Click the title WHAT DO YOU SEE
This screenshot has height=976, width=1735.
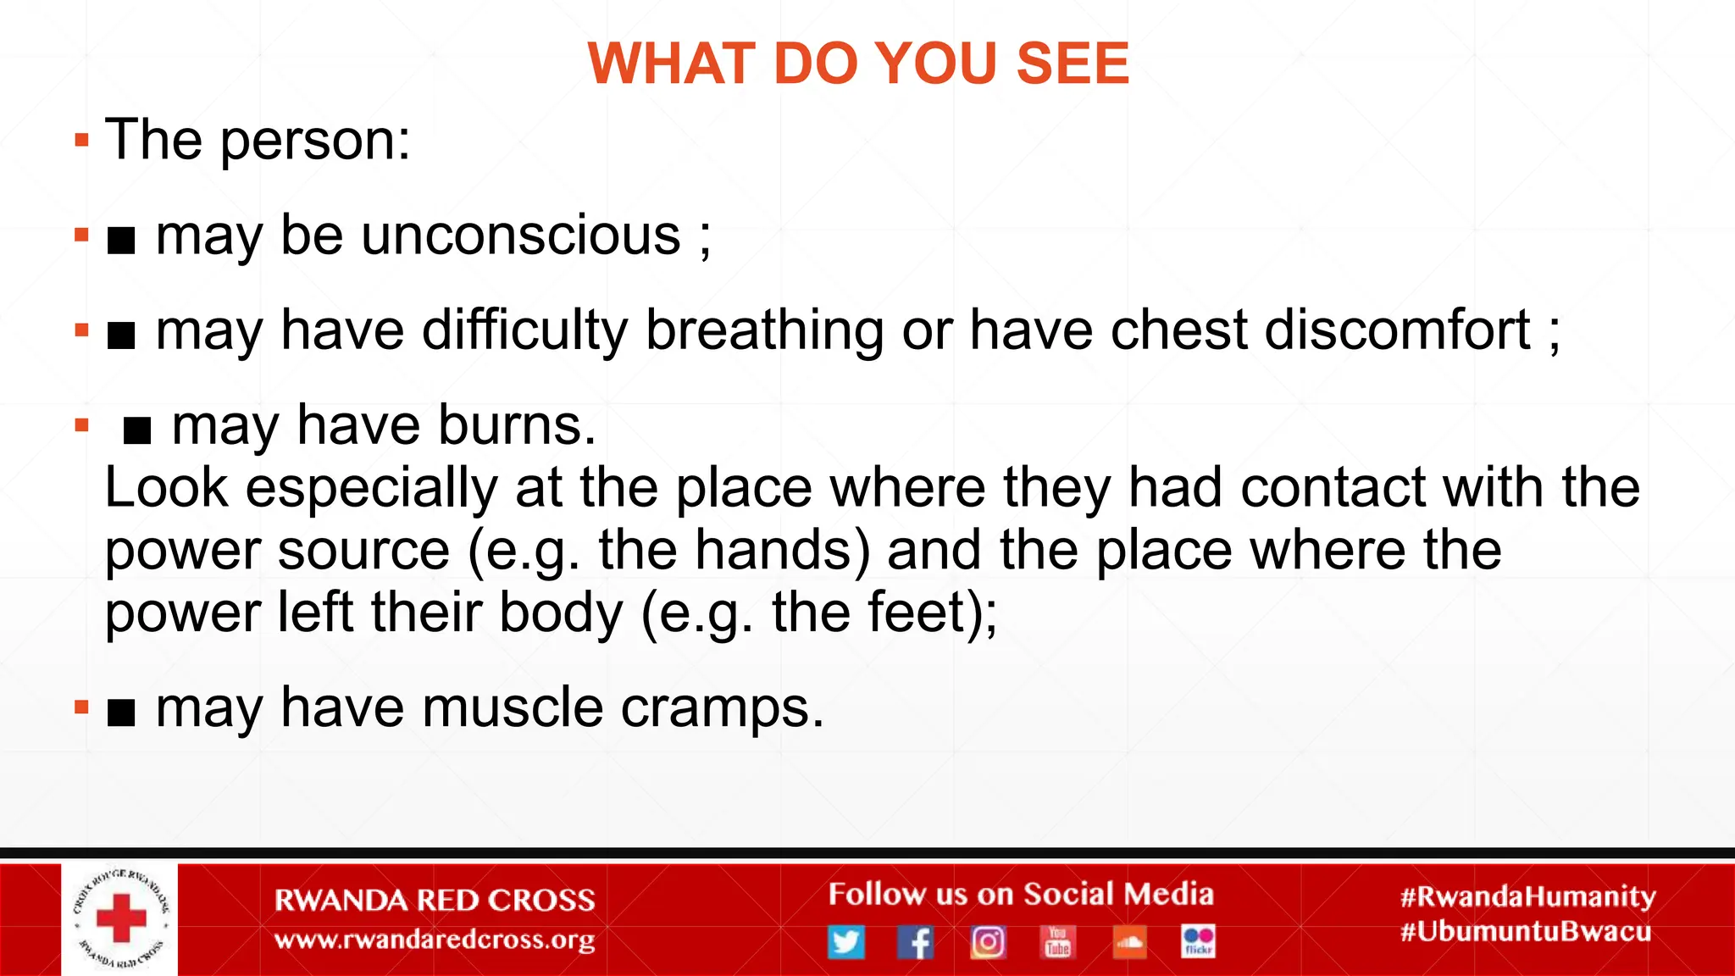(x=858, y=64)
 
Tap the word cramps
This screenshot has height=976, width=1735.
(x=722, y=707)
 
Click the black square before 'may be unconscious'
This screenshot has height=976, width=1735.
(x=122, y=241)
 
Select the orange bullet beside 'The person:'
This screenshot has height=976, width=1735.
(x=81, y=141)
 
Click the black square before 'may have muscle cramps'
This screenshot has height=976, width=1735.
(x=122, y=714)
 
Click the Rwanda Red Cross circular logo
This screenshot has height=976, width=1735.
(x=120, y=919)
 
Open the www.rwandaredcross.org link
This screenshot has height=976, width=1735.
(x=435, y=940)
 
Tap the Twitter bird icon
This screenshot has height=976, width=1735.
(x=845, y=942)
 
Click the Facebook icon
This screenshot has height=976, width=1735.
(x=916, y=942)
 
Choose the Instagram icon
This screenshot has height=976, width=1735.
(x=988, y=942)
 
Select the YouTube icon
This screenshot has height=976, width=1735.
(x=1057, y=941)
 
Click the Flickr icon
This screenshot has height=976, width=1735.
(x=1198, y=941)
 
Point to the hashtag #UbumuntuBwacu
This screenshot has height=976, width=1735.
(x=1526, y=932)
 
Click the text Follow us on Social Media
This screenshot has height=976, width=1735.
(x=1020, y=895)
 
